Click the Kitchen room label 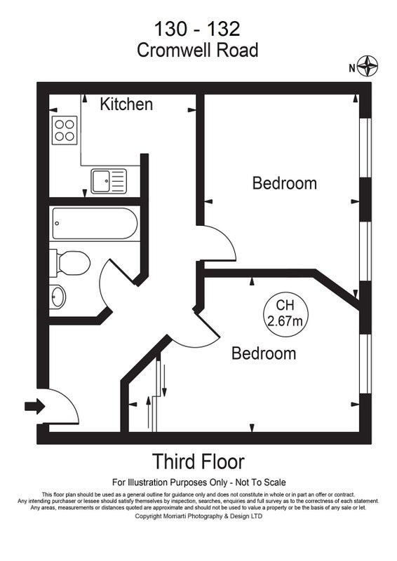(x=126, y=104)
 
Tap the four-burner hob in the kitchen (x=65, y=130)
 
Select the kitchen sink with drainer (x=109, y=181)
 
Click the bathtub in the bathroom (x=95, y=224)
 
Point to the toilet (x=69, y=264)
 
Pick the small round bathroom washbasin (x=58, y=297)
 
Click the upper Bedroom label (x=285, y=183)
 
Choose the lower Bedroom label (x=264, y=353)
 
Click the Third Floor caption (x=198, y=461)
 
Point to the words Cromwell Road (x=198, y=50)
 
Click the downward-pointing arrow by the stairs (x=164, y=381)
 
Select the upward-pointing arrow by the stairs (x=148, y=412)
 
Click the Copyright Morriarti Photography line (x=198, y=516)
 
